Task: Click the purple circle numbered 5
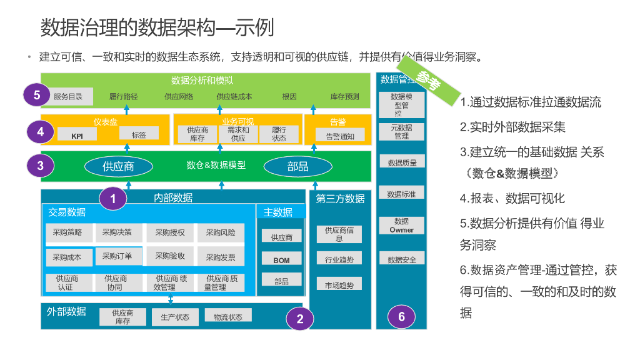[37, 96]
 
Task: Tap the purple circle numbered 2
[300, 319]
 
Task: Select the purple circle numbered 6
[401, 316]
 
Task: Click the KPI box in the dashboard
[77, 136]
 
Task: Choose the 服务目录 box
[68, 96]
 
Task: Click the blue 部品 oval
[297, 166]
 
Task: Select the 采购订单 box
[118, 256]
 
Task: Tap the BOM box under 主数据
[281, 259]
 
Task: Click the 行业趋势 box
[339, 259]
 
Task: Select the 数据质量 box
[402, 162]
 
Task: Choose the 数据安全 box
[402, 259]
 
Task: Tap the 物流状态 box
[228, 317]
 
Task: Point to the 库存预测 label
[345, 96]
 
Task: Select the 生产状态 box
[175, 317]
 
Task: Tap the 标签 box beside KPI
[139, 134]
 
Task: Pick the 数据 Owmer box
[402, 226]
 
